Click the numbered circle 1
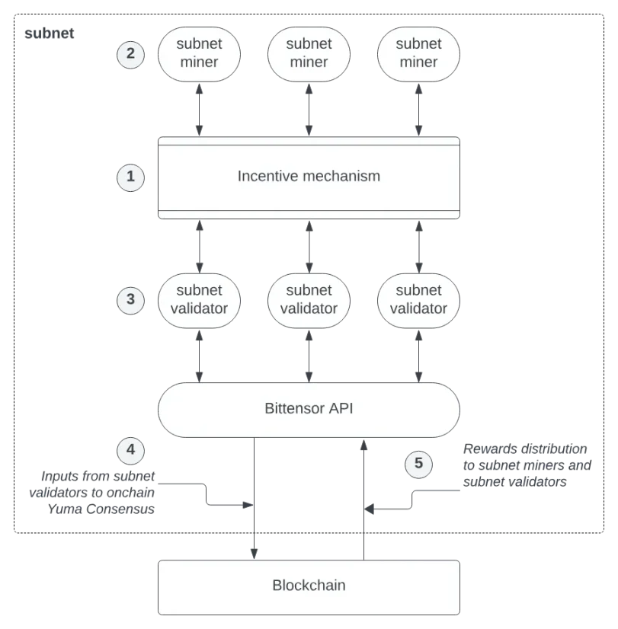130,177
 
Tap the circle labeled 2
130,53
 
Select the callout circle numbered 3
130,299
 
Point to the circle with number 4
130,450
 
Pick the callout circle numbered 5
418,464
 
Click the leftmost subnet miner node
199,53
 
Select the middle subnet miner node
309,53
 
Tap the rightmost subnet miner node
418,53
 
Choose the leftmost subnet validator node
199,299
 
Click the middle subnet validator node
309,299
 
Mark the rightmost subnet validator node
418,299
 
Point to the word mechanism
342,177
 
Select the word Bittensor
294,408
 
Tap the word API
341,408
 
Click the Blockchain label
309,586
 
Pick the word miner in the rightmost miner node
418,62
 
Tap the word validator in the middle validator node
309,308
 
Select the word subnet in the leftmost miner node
199,43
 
